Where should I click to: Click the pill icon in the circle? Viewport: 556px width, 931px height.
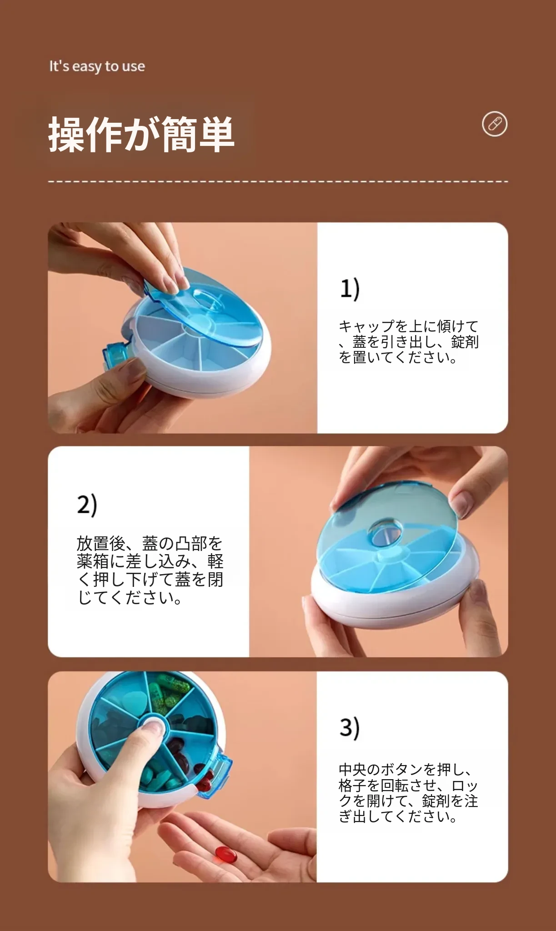coord(494,124)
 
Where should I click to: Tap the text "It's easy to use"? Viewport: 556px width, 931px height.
coord(97,66)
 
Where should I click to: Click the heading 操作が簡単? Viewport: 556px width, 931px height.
coord(141,134)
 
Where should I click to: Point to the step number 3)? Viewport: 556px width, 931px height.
coord(350,728)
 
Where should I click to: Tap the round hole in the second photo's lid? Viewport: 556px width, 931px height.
coord(385,533)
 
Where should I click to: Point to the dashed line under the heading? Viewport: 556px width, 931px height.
coord(278,181)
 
